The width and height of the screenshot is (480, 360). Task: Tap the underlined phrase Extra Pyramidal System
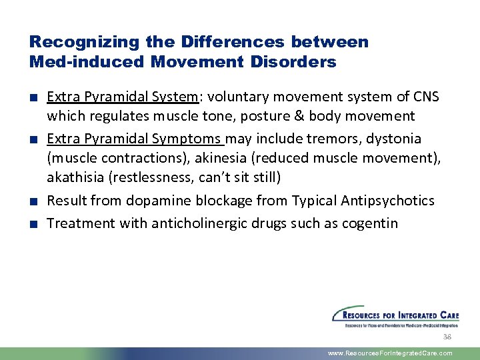123,97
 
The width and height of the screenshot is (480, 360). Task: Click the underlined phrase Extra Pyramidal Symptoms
135,139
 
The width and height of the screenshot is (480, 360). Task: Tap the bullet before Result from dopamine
33,201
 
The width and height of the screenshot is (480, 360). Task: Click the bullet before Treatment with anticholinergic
33,223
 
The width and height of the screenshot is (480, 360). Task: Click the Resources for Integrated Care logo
395,317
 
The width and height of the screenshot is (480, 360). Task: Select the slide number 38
447,338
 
